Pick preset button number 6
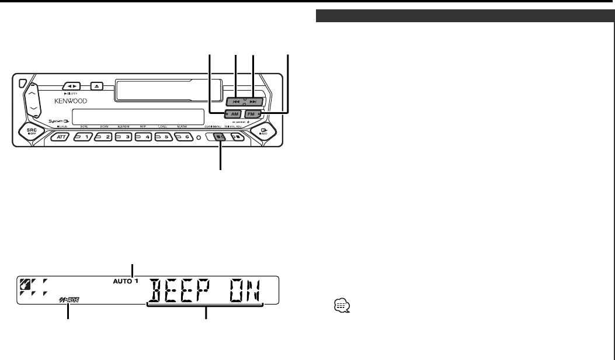[183, 137]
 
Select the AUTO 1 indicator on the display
[128, 281]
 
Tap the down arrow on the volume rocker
[33, 109]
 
